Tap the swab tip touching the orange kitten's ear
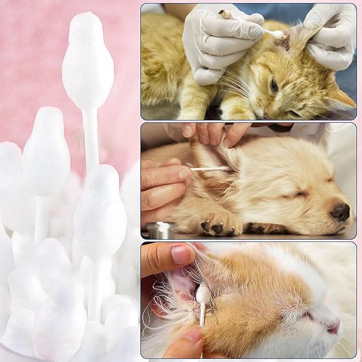click(x=278, y=35)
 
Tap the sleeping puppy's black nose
click(x=340, y=212)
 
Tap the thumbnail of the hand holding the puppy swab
click(x=184, y=174)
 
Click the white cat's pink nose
click(x=333, y=327)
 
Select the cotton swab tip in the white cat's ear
click(x=203, y=294)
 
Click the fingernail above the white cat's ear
click(x=182, y=255)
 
